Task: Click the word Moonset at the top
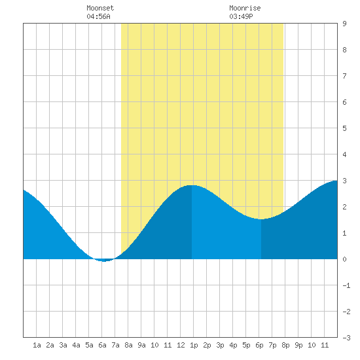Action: pyautogui.click(x=100, y=8)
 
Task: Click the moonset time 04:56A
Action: pyautogui.click(x=98, y=16)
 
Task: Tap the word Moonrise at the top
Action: pyautogui.click(x=245, y=8)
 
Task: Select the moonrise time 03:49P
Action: pyautogui.click(x=241, y=16)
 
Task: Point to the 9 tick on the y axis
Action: pyautogui.click(x=344, y=24)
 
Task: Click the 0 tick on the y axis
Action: pyautogui.click(x=344, y=259)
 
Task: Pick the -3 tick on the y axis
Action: pyautogui.click(x=346, y=338)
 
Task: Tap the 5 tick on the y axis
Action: pyautogui.click(x=344, y=128)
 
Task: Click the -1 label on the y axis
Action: pyautogui.click(x=346, y=285)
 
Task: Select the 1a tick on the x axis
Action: pyautogui.click(x=37, y=345)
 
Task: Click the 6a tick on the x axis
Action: pyautogui.click(x=102, y=345)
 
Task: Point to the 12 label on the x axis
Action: pyautogui.click(x=181, y=345)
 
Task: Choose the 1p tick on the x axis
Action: pyautogui.click(x=194, y=345)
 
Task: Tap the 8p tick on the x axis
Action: pyautogui.click(x=285, y=345)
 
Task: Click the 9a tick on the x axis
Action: pyautogui.click(x=141, y=345)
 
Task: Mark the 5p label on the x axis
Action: pyautogui.click(x=246, y=345)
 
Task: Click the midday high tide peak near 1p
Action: pyautogui.click(x=192, y=185)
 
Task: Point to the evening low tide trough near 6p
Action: pyautogui.click(x=261, y=219)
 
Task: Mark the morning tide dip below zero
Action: pyautogui.click(x=104, y=261)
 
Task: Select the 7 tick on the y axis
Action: pyautogui.click(x=344, y=76)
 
